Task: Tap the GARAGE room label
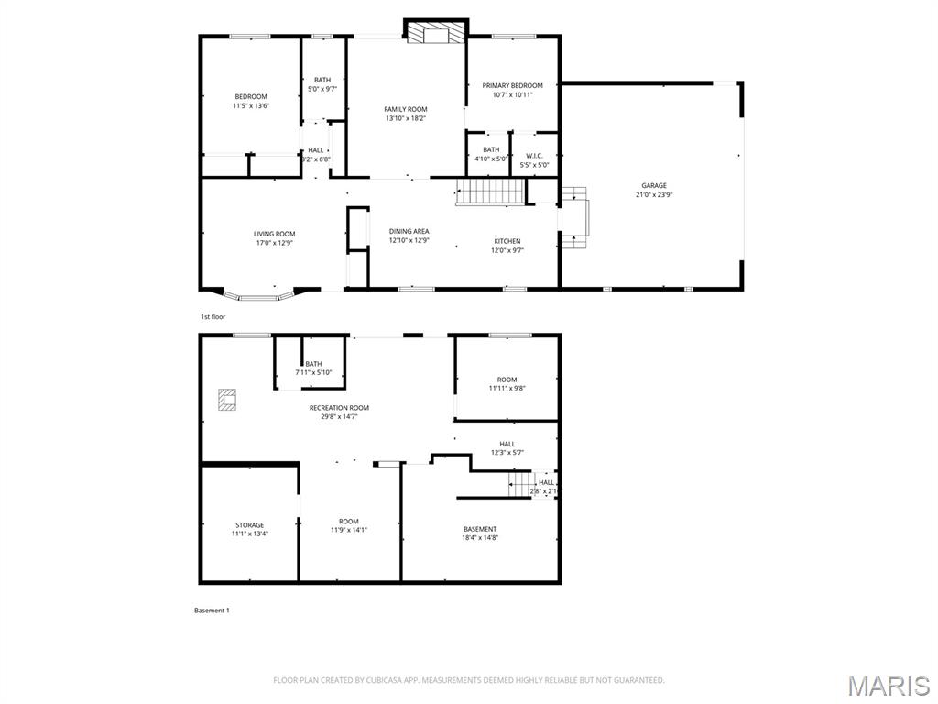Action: pyautogui.click(x=653, y=186)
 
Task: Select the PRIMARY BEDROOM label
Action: pyautogui.click(x=512, y=86)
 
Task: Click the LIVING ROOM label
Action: pyautogui.click(x=274, y=234)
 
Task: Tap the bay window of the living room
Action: pyautogui.click(x=257, y=295)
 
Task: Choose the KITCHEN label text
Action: pyautogui.click(x=507, y=241)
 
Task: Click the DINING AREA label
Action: pyautogui.click(x=409, y=231)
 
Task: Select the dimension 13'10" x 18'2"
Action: pyautogui.click(x=406, y=118)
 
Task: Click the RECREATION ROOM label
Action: pyautogui.click(x=339, y=408)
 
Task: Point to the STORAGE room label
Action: pyautogui.click(x=249, y=525)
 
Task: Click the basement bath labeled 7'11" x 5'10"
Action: pyautogui.click(x=313, y=368)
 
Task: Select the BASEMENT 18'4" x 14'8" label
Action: pyautogui.click(x=480, y=533)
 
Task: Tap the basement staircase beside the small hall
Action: pyautogui.click(x=520, y=483)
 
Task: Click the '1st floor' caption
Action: pyautogui.click(x=213, y=317)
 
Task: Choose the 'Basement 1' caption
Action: pyautogui.click(x=212, y=610)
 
